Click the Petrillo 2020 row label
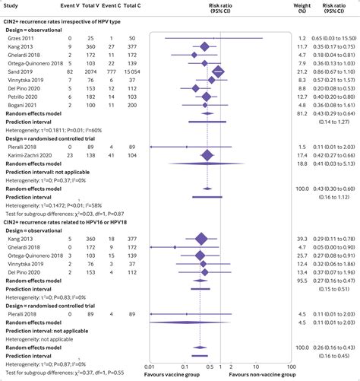(22, 96)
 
